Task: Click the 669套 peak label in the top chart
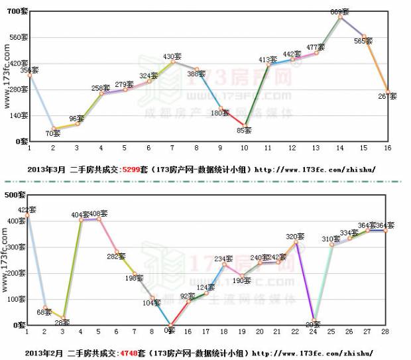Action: coord(339,12)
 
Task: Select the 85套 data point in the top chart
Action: coord(245,125)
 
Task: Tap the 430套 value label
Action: coord(172,56)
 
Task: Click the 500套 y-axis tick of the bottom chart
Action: coord(15,195)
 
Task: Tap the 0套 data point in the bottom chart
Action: coord(171,326)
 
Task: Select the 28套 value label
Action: coord(63,322)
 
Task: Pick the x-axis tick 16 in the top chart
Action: coord(388,147)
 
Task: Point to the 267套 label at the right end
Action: coord(387,97)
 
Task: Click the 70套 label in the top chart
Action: coord(53,133)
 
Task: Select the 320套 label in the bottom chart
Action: coord(295,236)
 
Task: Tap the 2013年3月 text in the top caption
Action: coord(47,169)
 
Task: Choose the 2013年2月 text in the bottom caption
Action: coord(47,353)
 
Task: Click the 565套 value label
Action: coord(363,41)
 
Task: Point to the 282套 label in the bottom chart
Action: coord(117,256)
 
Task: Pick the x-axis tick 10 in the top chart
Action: coord(245,147)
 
